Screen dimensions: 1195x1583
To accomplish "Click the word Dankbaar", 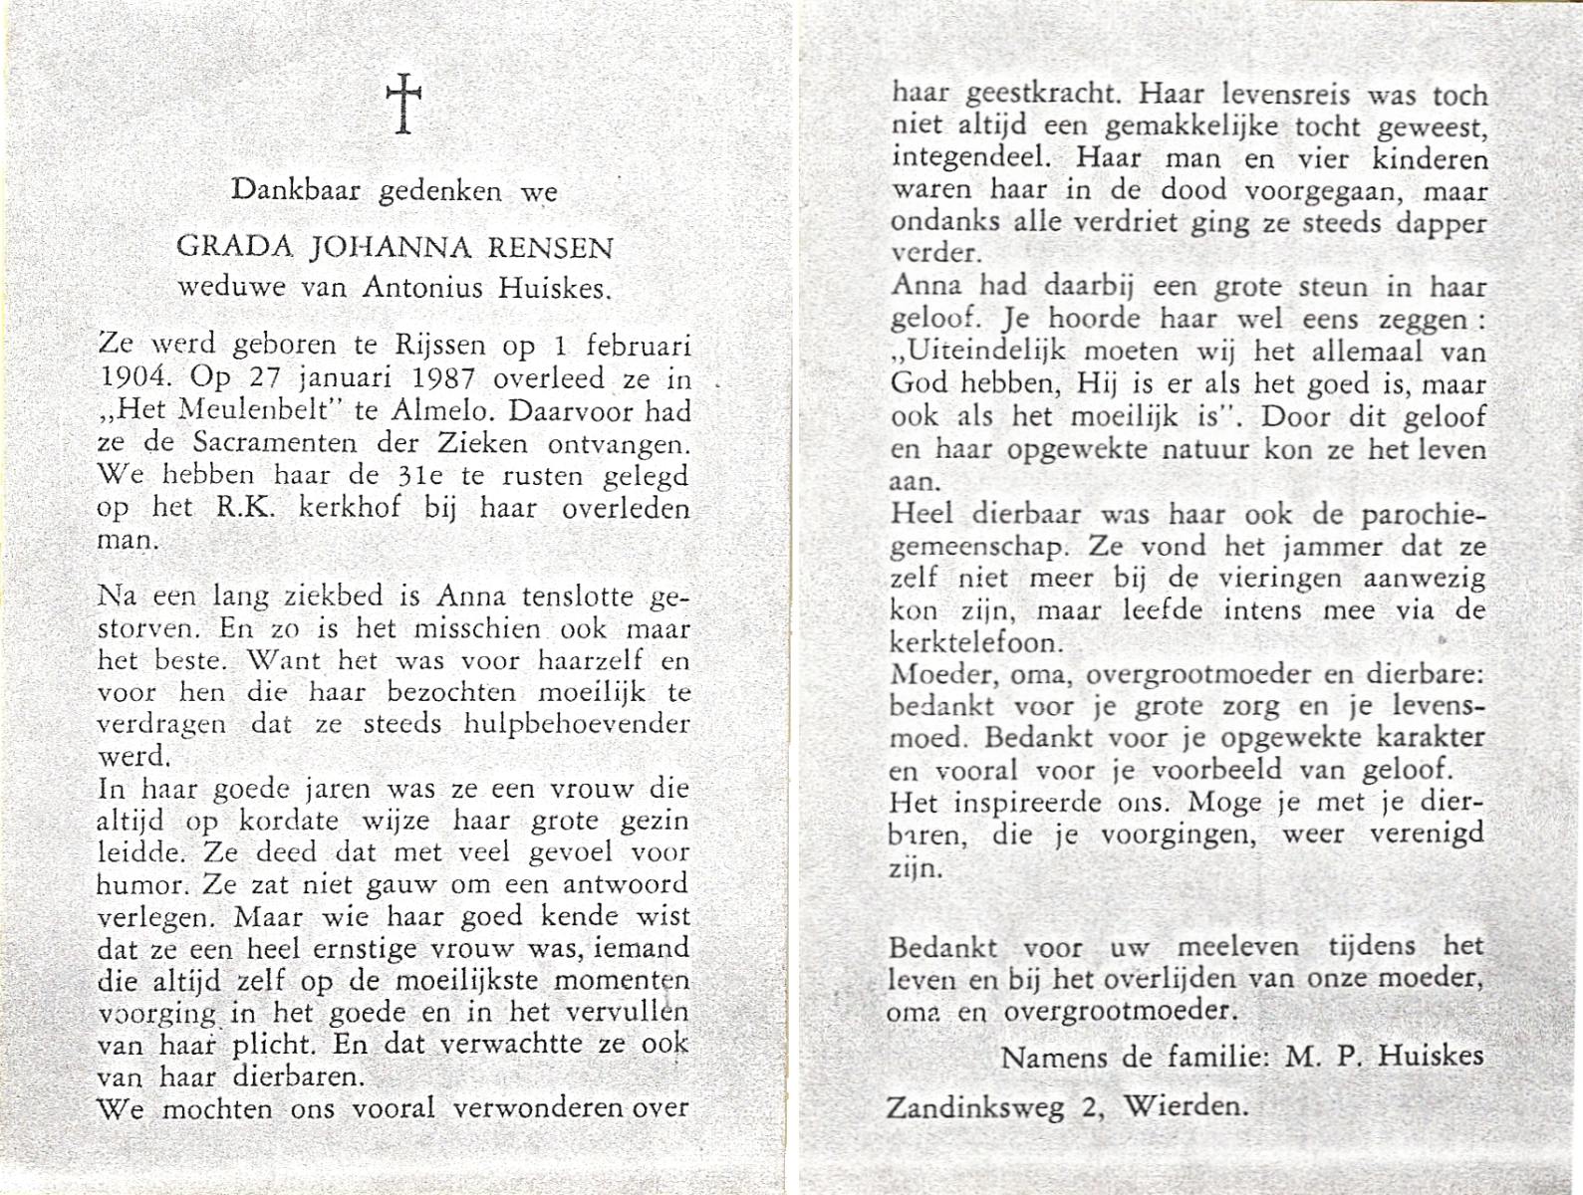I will pyautogui.click(x=296, y=190).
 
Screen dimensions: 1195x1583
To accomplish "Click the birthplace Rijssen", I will pyautogui.click(x=440, y=346).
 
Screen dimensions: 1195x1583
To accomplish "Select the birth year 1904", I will pyautogui.click(x=135, y=378).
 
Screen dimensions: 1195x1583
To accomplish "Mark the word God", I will pyautogui.click(x=921, y=384).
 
